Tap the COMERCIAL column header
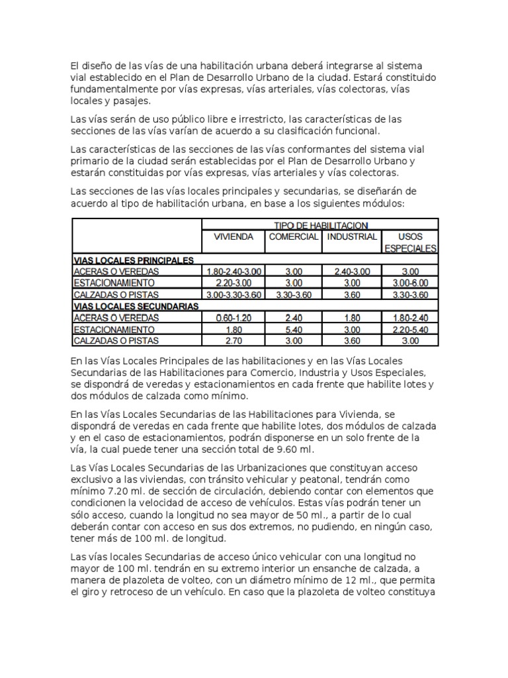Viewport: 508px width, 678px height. coord(293,237)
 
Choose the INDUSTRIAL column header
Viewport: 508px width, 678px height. coord(352,237)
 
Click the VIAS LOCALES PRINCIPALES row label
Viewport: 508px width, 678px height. coord(133,260)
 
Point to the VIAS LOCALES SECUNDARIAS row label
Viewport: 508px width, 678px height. coord(136,307)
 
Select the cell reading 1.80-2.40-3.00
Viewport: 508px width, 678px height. coord(233,271)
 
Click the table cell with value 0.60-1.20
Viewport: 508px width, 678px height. coord(233,318)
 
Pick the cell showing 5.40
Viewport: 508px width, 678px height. coord(293,329)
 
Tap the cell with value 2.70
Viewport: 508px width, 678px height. coord(233,341)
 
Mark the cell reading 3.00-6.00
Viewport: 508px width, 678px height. coord(410,283)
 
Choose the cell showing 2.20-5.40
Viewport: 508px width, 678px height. coord(410,329)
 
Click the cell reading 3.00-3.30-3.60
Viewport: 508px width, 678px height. coord(233,295)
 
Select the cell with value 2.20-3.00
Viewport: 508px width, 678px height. coord(233,283)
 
